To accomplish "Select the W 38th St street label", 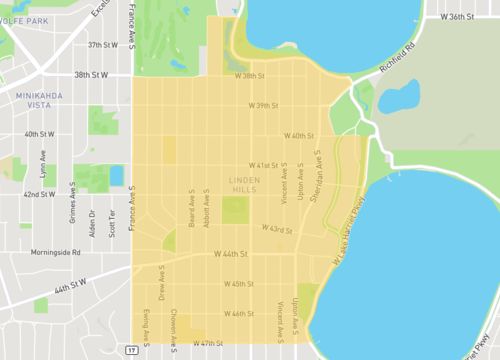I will tap(249, 75).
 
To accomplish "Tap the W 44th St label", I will tap(230, 255).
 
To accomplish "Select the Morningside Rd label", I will tap(55, 253).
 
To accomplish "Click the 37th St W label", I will tap(102, 45).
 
